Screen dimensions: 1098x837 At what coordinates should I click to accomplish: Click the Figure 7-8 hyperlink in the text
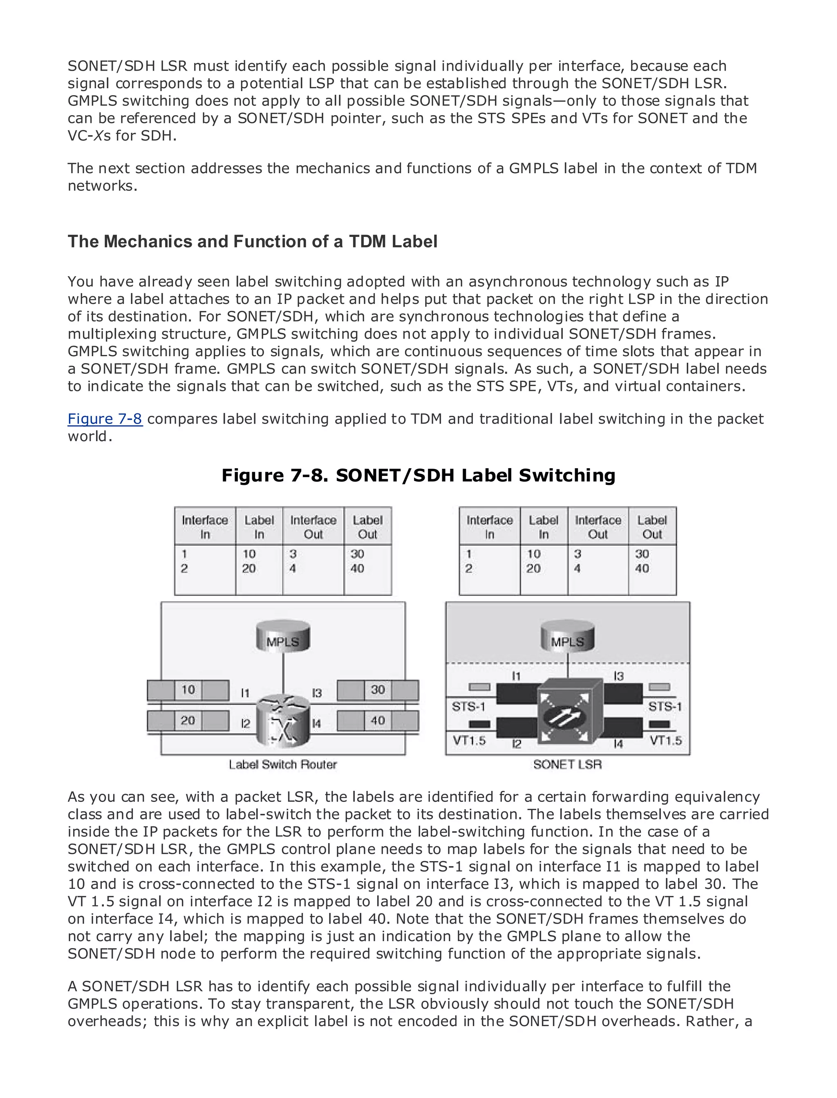tap(105, 419)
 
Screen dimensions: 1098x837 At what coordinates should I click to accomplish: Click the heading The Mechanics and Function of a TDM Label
tap(252, 241)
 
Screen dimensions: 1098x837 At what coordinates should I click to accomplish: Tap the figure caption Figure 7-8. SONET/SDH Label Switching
tap(418, 475)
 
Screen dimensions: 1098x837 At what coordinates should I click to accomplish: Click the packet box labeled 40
tap(378, 721)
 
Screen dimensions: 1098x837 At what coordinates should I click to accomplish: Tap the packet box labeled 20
tap(188, 721)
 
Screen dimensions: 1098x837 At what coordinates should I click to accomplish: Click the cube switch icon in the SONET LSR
tap(568, 712)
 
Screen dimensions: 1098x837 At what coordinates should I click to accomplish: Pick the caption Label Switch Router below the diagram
tap(282, 764)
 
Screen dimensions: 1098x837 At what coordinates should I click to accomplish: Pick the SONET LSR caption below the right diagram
tap(567, 764)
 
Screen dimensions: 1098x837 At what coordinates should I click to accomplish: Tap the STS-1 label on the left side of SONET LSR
tap(468, 707)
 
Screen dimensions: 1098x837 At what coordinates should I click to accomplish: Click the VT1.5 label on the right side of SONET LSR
tap(666, 741)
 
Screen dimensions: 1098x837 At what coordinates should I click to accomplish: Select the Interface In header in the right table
tap(489, 527)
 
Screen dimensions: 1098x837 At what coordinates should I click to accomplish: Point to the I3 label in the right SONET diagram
tap(618, 676)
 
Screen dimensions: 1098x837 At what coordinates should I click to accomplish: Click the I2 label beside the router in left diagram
tap(245, 723)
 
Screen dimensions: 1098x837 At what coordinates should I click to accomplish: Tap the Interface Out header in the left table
tap(313, 527)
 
